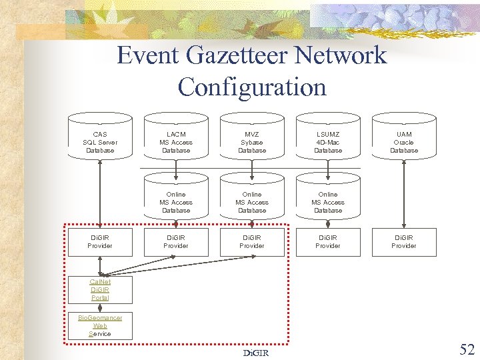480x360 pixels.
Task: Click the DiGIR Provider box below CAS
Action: pos(100,241)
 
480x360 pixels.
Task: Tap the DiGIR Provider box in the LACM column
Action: pos(176,241)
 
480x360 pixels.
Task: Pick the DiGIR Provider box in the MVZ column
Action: pos(252,241)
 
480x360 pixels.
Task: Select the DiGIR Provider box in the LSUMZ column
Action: pos(328,241)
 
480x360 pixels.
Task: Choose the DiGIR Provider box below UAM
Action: pos(403,241)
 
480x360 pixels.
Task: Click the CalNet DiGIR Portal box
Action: pos(100,289)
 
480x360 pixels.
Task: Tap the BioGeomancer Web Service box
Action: pos(100,325)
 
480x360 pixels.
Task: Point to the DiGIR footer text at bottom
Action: pos(256,353)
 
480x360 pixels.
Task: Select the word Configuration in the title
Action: pos(252,87)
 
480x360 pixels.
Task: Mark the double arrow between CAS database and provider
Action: pos(100,193)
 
